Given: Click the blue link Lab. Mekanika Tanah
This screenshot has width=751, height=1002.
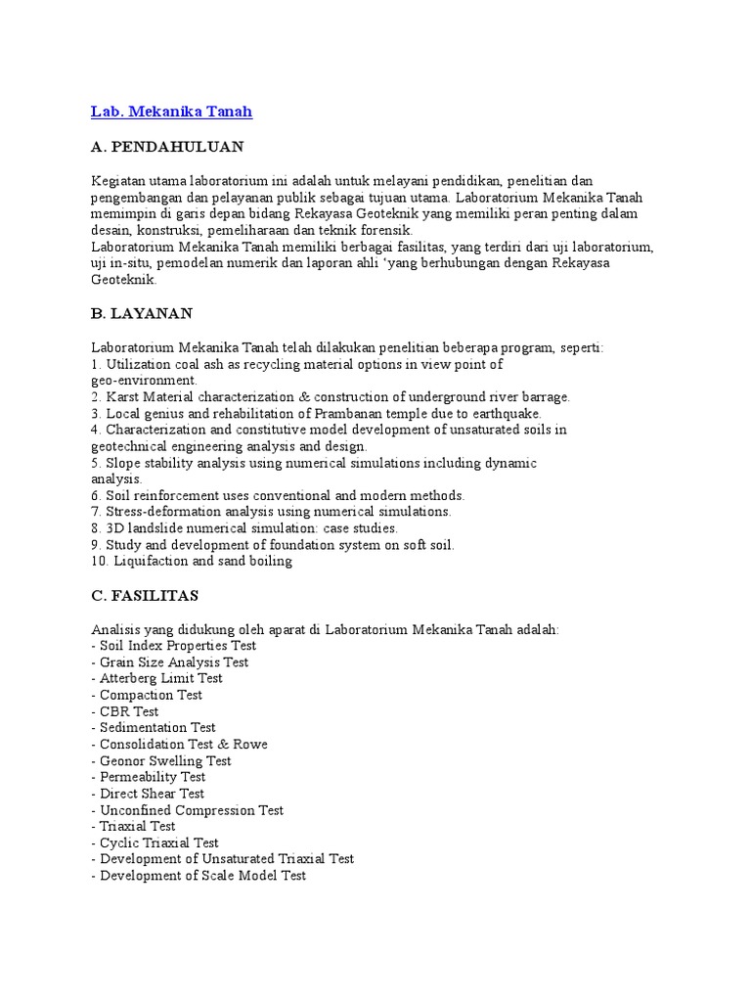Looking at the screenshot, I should pyautogui.click(x=171, y=112).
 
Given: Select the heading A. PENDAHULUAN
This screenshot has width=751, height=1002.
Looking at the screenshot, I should pyautogui.click(x=167, y=147).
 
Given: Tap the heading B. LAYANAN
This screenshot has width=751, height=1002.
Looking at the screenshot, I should pyautogui.click(x=142, y=313).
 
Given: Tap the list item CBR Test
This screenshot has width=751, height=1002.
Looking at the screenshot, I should pyautogui.click(x=127, y=711).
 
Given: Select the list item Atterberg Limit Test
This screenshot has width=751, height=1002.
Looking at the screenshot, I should pyautogui.click(x=159, y=678).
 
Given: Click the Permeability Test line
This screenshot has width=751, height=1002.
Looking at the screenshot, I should pyautogui.click(x=152, y=777).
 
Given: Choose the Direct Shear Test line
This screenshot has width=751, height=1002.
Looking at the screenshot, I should pyautogui.click(x=151, y=794).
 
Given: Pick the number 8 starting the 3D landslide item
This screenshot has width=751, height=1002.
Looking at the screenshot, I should pyautogui.click(x=96, y=528).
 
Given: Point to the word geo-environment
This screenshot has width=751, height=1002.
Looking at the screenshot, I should pyautogui.click(x=144, y=380).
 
